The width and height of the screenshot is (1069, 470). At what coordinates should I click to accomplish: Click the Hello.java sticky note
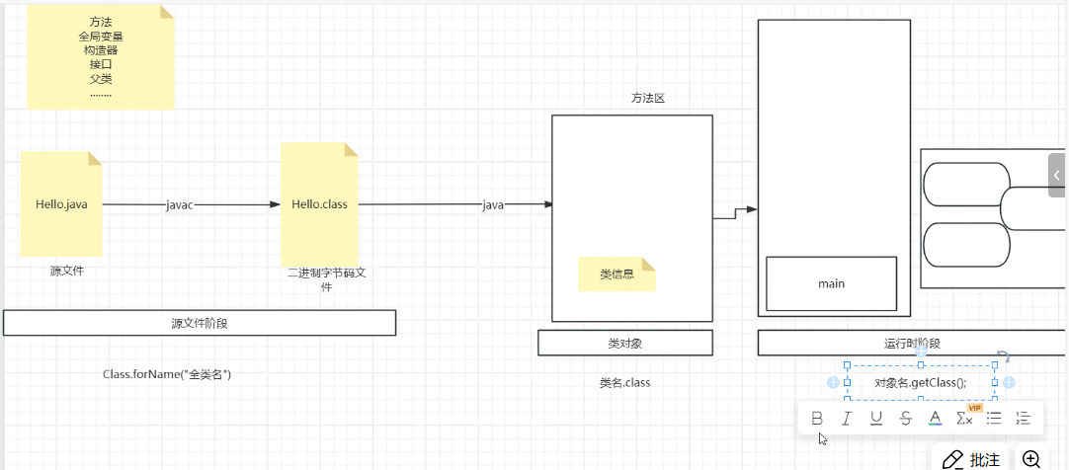[61, 204]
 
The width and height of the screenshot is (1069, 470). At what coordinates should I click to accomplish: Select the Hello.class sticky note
[318, 204]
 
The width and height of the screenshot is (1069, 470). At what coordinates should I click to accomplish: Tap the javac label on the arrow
[180, 205]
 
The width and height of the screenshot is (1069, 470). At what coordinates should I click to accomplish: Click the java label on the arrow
[493, 205]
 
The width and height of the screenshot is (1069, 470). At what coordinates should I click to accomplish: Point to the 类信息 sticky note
[617, 274]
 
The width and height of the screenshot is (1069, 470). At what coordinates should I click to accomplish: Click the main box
[831, 284]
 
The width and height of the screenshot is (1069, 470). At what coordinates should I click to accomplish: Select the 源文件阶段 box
[200, 323]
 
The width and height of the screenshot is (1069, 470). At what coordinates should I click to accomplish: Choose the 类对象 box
[625, 343]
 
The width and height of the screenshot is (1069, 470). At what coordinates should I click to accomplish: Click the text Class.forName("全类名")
[167, 375]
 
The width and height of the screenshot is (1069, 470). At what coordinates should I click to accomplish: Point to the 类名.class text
[624, 382]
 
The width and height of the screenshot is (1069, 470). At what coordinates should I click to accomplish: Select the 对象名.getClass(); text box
[920, 383]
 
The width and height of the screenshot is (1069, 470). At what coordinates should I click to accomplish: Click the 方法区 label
[648, 98]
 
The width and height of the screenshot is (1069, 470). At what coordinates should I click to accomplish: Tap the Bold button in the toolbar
[817, 418]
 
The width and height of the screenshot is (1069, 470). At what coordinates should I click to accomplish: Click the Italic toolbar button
[847, 418]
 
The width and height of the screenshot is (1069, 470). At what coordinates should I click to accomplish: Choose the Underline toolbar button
[876, 418]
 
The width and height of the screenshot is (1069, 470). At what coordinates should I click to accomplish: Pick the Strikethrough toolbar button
[906, 418]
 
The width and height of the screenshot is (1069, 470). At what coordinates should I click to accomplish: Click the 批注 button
[970, 459]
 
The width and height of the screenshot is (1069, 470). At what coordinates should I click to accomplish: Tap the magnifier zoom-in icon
[1031, 459]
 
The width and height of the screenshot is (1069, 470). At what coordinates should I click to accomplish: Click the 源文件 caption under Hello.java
[67, 270]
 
